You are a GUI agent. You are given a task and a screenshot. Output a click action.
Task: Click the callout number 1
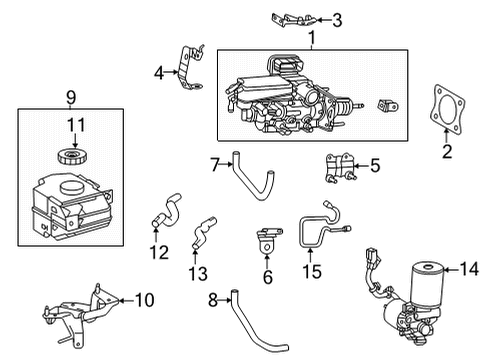(311, 38)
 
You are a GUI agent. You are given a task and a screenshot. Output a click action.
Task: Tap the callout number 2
(446, 152)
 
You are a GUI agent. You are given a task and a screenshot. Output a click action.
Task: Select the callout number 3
(337, 18)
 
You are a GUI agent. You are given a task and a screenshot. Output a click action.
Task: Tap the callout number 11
(73, 124)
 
